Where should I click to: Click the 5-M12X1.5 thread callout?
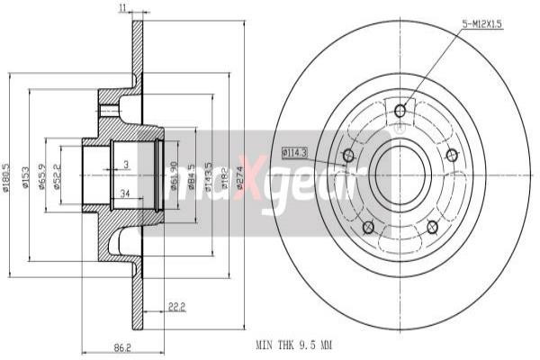(482, 26)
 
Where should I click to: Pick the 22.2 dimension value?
(175, 307)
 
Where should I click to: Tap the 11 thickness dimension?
(122, 8)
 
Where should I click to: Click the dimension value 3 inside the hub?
(127, 164)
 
